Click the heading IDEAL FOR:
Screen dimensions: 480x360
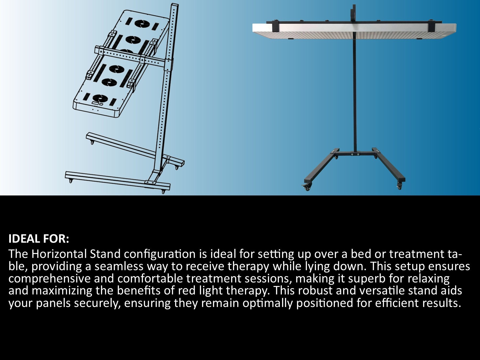(x=39, y=239)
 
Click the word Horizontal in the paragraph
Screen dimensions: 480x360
(x=59, y=254)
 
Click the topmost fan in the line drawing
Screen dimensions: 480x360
(x=141, y=24)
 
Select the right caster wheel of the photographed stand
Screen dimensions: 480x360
(x=400, y=186)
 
